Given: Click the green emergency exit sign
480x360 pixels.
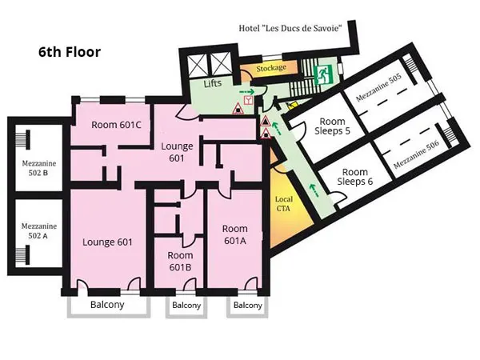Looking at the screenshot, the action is pyautogui.click(x=323, y=74).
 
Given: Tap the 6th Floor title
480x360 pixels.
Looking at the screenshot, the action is pyautogui.click(x=70, y=52).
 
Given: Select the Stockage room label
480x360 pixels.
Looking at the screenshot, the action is pyautogui.click(x=271, y=68).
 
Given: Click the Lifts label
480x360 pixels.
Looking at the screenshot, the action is pyautogui.click(x=213, y=83).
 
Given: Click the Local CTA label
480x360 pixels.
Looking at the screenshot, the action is pyautogui.click(x=284, y=203).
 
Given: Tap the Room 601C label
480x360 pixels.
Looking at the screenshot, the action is pyautogui.click(x=116, y=125).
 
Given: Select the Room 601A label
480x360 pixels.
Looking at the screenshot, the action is pyautogui.click(x=234, y=234).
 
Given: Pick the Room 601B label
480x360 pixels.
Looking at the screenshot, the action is pyautogui.click(x=180, y=261).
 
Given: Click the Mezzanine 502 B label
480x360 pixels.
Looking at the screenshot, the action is pyautogui.click(x=39, y=168).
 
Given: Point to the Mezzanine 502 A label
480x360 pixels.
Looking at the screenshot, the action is pyautogui.click(x=39, y=231).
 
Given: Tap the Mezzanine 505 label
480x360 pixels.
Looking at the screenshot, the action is pyautogui.click(x=378, y=88).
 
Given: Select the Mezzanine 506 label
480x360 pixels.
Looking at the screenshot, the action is pyautogui.click(x=416, y=154).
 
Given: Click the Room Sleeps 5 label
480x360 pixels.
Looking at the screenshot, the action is pyautogui.click(x=333, y=126).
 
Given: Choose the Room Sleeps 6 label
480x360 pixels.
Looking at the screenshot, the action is pyautogui.click(x=355, y=177).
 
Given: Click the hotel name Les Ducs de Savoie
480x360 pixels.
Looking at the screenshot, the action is pyautogui.click(x=290, y=29).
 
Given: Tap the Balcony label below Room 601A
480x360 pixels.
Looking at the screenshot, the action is pyautogui.click(x=248, y=306).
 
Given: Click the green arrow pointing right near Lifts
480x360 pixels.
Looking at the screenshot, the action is pyautogui.click(x=246, y=91).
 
